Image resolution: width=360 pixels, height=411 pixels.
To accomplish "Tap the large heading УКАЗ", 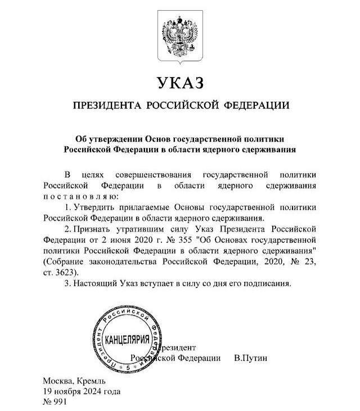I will tap(180, 82).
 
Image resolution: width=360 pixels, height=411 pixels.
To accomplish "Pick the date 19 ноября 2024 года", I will tap(81, 391).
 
